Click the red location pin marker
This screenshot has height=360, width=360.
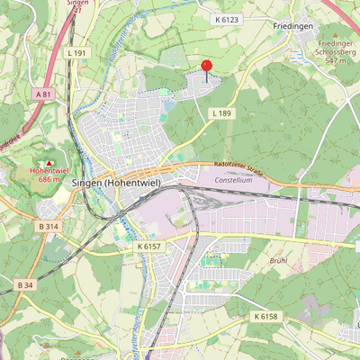pyautogui.click(x=206, y=67)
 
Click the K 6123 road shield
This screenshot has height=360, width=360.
pyautogui.click(x=228, y=19)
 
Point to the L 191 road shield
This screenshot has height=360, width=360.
pyautogui.click(x=78, y=54)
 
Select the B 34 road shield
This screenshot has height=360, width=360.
pyautogui.click(x=24, y=283)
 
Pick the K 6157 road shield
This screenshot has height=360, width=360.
pyautogui.click(x=152, y=246)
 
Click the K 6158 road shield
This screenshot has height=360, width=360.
pyautogui.click(x=266, y=316)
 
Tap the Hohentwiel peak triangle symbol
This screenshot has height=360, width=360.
pyautogui.click(x=49, y=161)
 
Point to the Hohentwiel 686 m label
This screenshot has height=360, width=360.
pyautogui.click(x=49, y=174)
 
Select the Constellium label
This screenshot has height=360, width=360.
pyautogui.click(x=236, y=180)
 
